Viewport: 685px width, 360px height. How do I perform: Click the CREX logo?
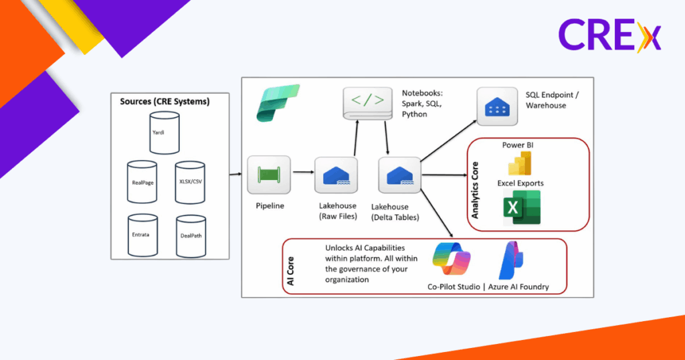pos(609,36)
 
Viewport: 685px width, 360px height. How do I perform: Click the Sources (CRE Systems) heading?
pos(165,102)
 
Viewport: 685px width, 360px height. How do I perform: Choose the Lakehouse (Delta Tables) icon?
pos(399,176)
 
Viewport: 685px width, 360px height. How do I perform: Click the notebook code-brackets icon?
pos(367,102)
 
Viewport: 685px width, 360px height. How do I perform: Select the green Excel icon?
pos(522,208)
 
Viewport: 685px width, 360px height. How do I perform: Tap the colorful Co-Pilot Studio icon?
pos(452,262)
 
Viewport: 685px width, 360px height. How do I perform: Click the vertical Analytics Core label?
pos(476,191)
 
